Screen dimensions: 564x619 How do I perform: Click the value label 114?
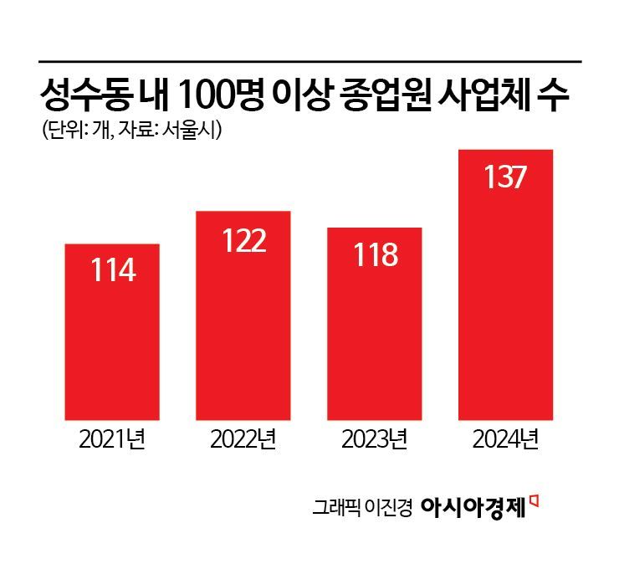[x=111, y=271]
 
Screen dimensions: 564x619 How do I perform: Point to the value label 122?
[x=243, y=240]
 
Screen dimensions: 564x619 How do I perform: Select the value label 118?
[x=374, y=255]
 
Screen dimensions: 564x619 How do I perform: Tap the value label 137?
[x=505, y=177]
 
